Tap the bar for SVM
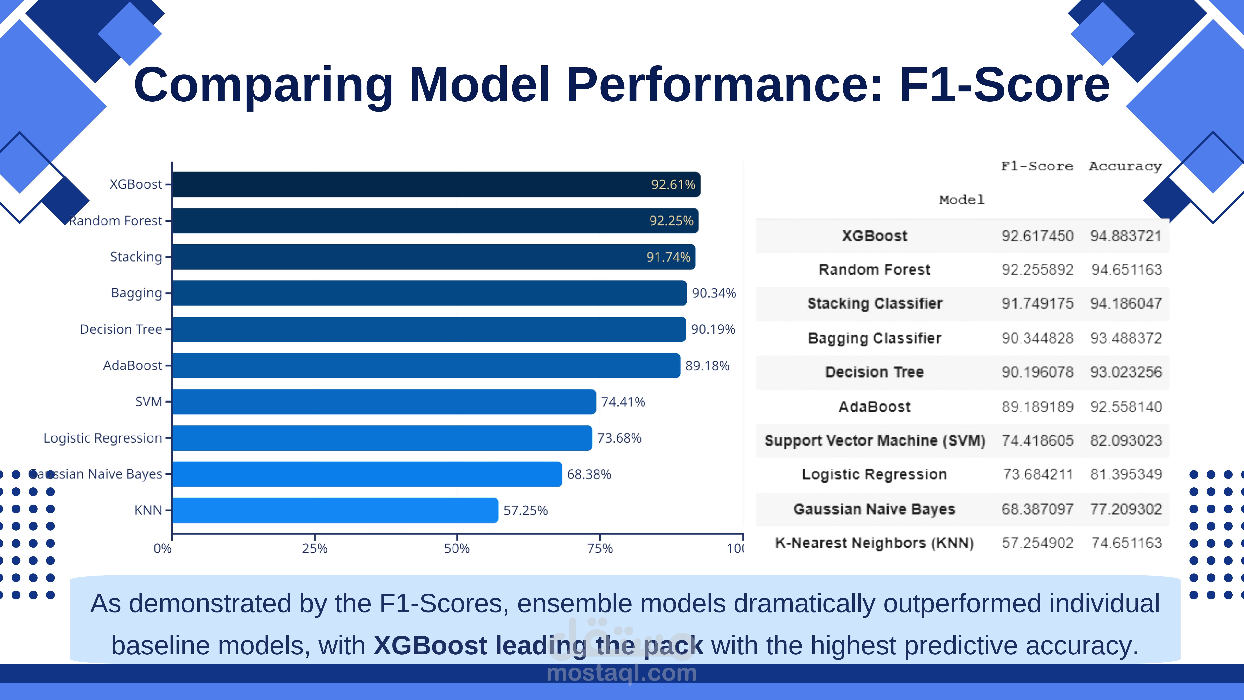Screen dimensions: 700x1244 coord(384,402)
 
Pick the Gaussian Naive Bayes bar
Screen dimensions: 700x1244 coord(367,474)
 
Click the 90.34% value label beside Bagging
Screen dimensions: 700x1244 coord(714,293)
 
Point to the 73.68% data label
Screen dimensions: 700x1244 coord(619,438)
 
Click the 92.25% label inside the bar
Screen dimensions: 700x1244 coord(671,221)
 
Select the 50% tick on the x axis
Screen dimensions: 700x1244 coord(457,548)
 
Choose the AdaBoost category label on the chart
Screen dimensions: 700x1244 coord(132,366)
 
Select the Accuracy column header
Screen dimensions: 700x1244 coord(1125,166)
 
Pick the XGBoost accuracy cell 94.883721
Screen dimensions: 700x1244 coord(1126,236)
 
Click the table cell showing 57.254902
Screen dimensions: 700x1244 coord(1037,543)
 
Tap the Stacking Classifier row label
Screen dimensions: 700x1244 coord(875,303)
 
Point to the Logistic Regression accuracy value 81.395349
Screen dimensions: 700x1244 coord(1126,474)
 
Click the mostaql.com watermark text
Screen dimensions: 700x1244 coord(622,673)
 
